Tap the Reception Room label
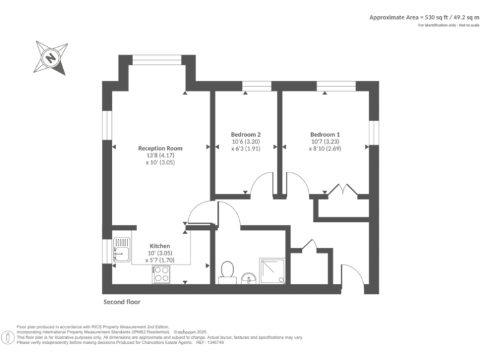click(160, 148)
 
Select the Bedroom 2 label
click(246, 134)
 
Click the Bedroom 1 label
click(325, 134)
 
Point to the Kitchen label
click(160, 246)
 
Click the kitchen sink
click(121, 252)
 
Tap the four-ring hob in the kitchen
click(161, 273)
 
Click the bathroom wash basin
click(249, 277)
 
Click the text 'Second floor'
click(122, 302)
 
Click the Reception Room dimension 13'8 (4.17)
click(160, 156)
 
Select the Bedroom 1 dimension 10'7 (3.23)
click(325, 142)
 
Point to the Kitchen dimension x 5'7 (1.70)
click(160, 260)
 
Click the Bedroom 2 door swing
click(262, 185)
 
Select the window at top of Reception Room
click(157, 59)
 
